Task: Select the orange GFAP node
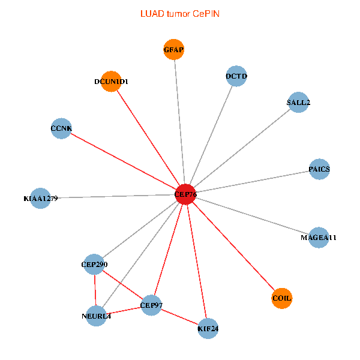coord(174,49)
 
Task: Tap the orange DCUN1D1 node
coord(111,82)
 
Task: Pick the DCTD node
coord(237,76)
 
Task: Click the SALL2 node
coord(298,103)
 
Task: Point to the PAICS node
coord(319,169)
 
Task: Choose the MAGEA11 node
coord(319,238)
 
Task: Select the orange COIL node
coord(282,298)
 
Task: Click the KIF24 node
coord(208,328)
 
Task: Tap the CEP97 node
coord(151,305)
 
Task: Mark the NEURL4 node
coord(97,316)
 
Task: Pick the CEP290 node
coord(94,264)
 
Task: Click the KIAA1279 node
coord(40,198)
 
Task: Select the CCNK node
coord(61,128)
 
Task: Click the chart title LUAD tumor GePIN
coord(179,13)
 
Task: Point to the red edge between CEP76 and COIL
coord(234,246)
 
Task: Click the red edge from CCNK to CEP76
coord(124,161)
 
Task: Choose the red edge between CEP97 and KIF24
coord(179,317)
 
